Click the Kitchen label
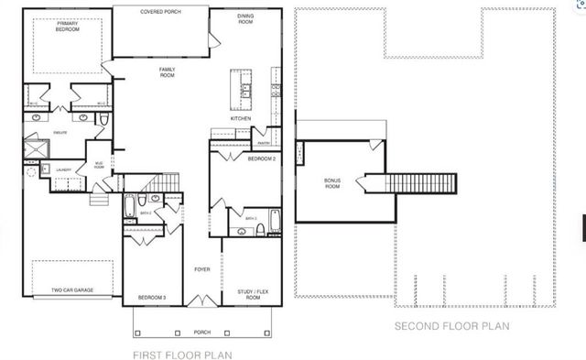coord(241,118)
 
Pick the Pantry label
coord(264,143)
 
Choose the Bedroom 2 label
coord(262,159)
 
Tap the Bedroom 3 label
coord(151,298)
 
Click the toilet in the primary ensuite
coord(104,120)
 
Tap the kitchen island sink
coord(244,90)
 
